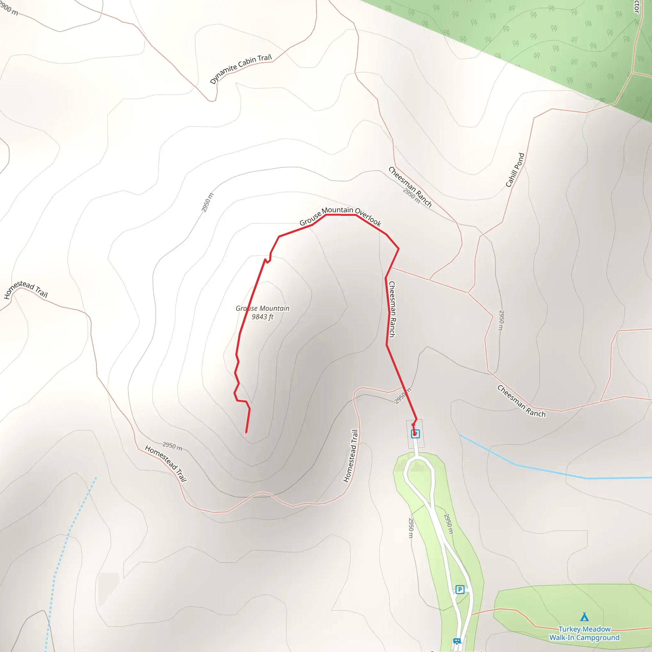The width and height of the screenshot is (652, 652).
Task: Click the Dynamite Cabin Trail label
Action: [241, 69]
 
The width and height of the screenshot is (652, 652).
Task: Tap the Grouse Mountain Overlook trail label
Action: [340, 216]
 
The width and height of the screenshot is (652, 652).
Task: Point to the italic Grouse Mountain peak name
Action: [262, 308]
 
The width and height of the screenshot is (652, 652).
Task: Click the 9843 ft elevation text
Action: [262, 316]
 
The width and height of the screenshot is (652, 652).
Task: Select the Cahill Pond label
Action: [515, 170]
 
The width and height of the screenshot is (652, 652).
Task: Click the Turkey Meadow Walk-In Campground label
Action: [584, 633]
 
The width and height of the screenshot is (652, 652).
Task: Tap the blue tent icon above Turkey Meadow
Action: [584, 617]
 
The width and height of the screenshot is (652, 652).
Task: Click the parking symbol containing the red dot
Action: [415, 434]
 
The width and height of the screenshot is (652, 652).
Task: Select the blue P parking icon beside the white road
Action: [460, 590]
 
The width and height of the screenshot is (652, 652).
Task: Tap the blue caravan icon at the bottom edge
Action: [457, 641]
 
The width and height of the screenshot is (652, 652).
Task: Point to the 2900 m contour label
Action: [9, 9]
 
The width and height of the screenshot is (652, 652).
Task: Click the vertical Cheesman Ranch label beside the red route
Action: [392, 309]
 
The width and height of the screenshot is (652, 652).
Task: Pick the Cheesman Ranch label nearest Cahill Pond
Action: [410, 186]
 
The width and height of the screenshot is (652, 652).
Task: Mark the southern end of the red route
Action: [246, 432]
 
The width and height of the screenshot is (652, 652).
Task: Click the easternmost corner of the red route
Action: [399, 249]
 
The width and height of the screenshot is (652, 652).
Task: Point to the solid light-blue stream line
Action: [540, 469]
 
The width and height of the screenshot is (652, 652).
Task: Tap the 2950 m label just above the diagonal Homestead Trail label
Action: [172, 446]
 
